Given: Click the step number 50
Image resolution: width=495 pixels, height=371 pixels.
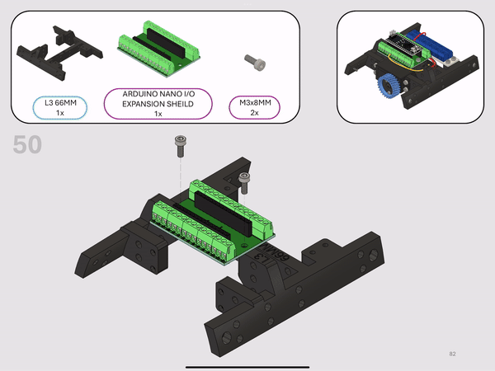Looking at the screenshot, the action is click(27, 144).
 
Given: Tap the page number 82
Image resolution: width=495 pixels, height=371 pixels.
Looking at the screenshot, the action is click(452, 354).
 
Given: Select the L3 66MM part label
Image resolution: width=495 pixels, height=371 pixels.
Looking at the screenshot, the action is click(60, 107).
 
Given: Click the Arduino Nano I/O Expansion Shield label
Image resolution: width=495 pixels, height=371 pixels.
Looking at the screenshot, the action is click(158, 104).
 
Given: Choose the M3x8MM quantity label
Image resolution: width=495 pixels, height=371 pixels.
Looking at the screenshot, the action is click(254, 107).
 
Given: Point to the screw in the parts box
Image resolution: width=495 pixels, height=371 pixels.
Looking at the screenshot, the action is click(255, 62).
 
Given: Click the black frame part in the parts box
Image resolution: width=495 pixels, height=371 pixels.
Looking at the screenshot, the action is click(59, 53).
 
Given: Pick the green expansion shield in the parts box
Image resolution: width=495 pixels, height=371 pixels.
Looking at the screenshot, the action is click(159, 49).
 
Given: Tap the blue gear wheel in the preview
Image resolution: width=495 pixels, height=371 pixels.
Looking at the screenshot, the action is click(389, 86).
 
